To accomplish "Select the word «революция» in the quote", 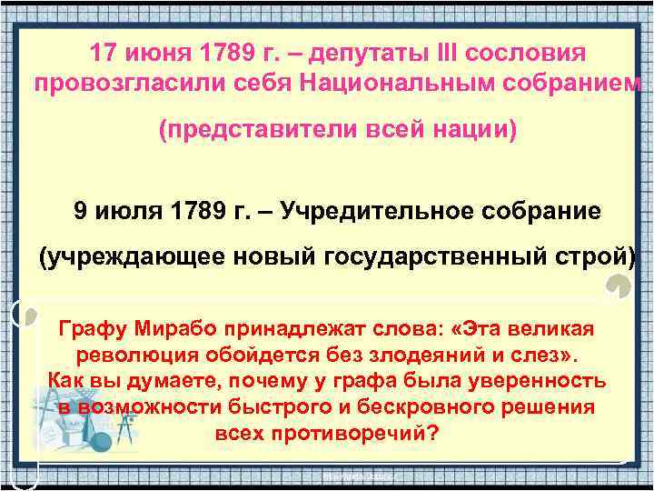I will coord(128,355).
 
